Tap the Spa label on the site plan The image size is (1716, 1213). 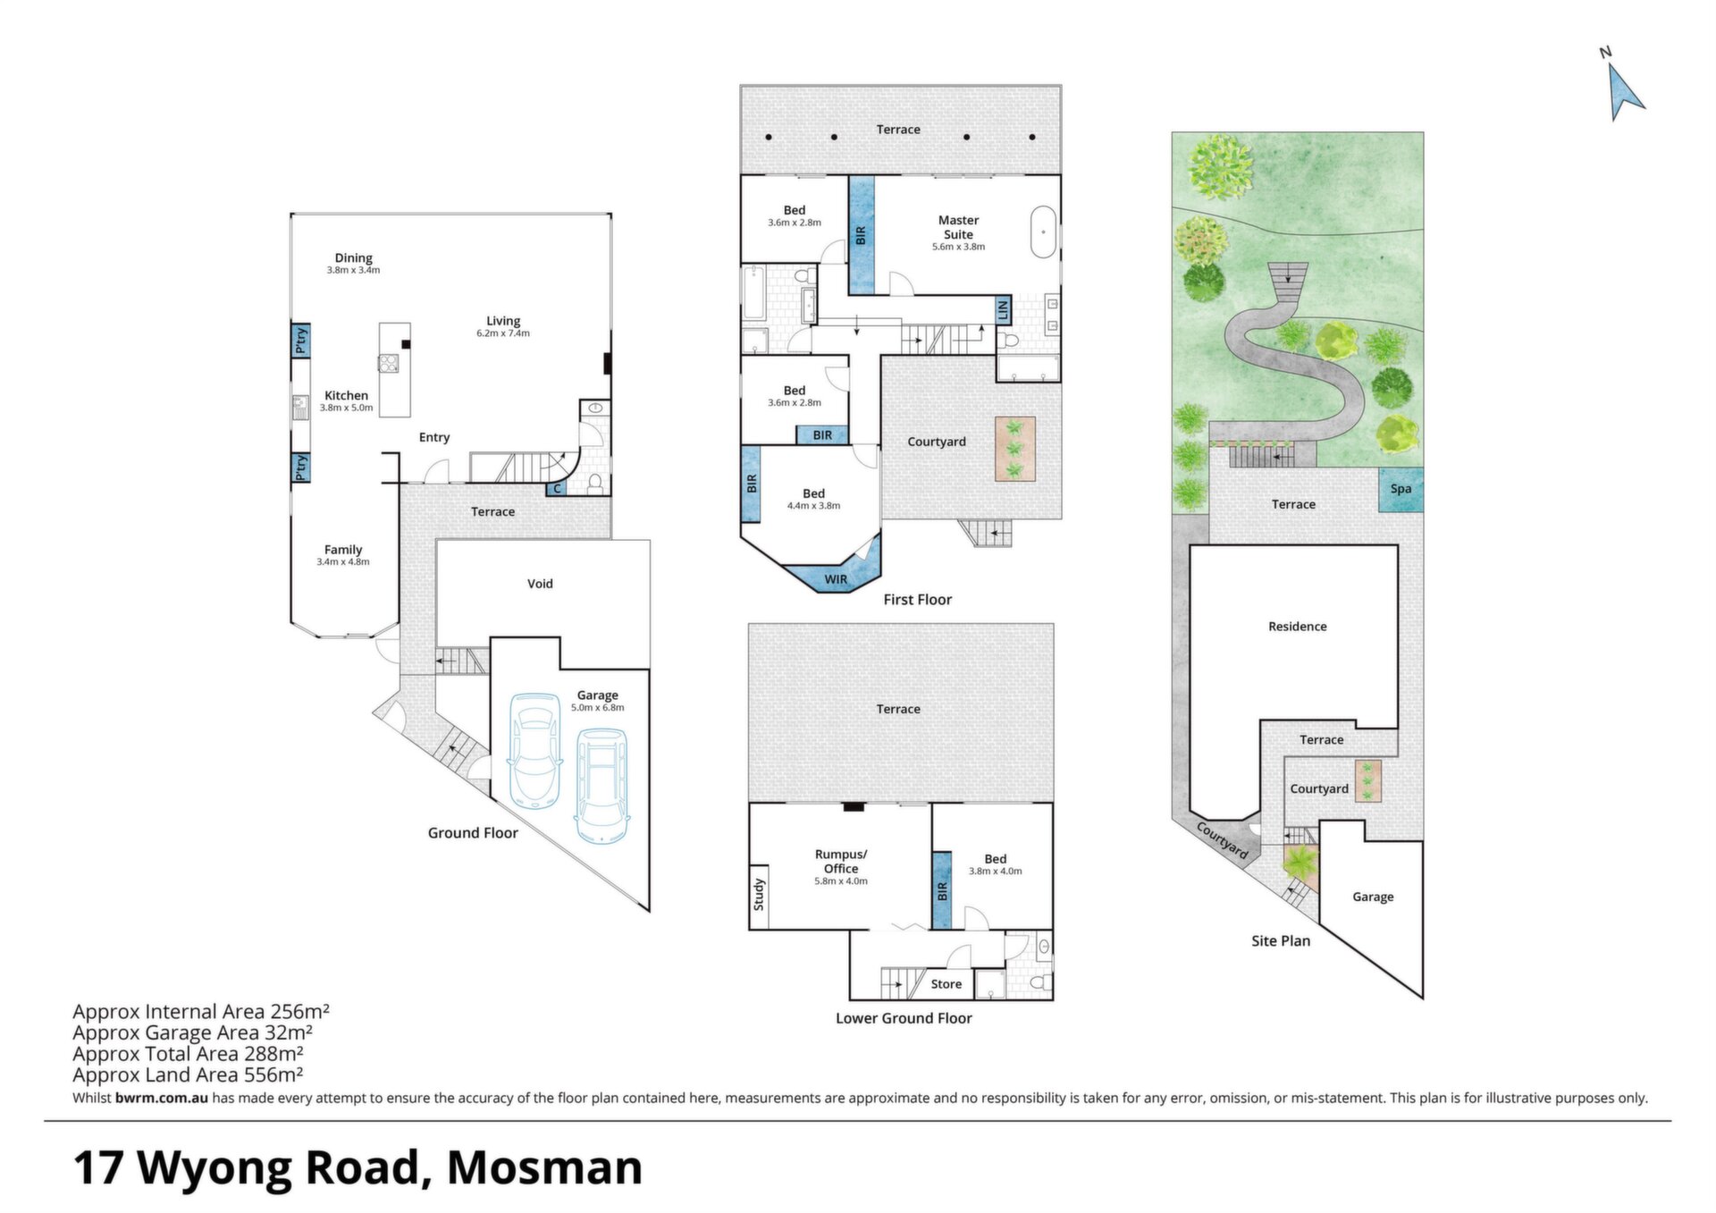point(1401,489)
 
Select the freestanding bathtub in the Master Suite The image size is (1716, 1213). point(1043,232)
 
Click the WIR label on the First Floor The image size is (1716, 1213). point(836,579)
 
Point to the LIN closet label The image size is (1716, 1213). point(1003,310)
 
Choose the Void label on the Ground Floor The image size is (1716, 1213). point(540,584)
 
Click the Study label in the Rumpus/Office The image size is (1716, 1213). point(759,895)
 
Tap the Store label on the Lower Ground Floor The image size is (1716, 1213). point(946,984)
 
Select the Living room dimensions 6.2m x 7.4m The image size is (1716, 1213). point(503,333)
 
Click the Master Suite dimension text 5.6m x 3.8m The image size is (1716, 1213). point(959,247)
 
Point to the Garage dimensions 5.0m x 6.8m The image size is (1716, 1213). point(598,708)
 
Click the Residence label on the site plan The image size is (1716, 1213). point(1298,627)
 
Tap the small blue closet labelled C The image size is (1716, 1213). point(557,488)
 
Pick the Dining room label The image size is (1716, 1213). point(354,257)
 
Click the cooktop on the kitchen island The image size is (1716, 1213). point(389,364)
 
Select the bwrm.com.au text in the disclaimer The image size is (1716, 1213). point(162,1098)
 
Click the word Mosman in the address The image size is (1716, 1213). point(544,1167)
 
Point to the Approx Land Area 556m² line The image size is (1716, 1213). point(188,1074)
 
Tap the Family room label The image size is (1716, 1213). point(343,550)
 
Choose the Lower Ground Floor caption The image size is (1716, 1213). point(904,1018)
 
